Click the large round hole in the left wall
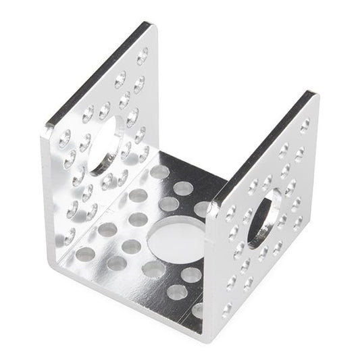106,145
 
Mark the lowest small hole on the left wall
70,236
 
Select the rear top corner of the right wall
313,93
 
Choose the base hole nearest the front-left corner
85,254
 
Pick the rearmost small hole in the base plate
159,172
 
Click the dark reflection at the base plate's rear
196,172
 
